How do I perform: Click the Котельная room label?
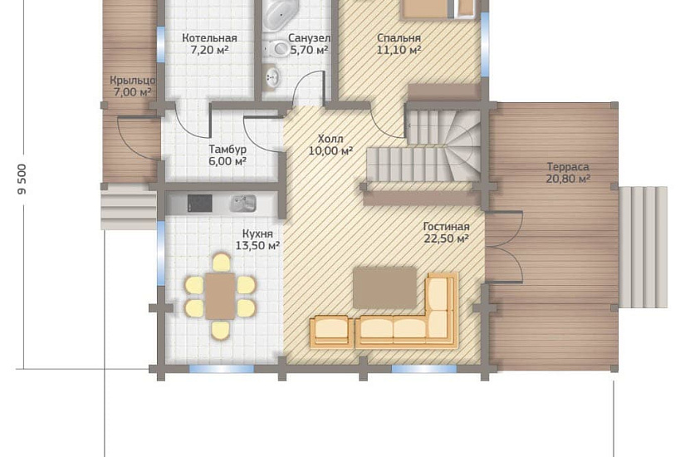[x=210, y=38]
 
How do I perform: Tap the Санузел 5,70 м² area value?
[x=310, y=50]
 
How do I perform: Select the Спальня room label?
[x=399, y=38]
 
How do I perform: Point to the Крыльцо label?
[x=132, y=81]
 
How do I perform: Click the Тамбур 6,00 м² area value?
[x=228, y=161]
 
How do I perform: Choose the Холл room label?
[x=330, y=139]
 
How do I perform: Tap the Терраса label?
[x=568, y=167]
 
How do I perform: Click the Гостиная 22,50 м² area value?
[x=446, y=238]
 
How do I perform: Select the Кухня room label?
[x=257, y=234]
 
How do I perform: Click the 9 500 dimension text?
[x=22, y=179]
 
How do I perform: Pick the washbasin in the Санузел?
[x=272, y=78]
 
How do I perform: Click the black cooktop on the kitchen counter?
[x=199, y=204]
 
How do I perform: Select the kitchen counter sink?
[x=243, y=204]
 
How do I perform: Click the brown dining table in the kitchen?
[x=221, y=296]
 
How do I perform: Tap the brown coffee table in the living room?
[x=385, y=288]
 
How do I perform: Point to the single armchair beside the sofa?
[x=331, y=333]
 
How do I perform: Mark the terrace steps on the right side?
[x=643, y=247]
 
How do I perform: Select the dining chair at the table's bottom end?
[x=221, y=330]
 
